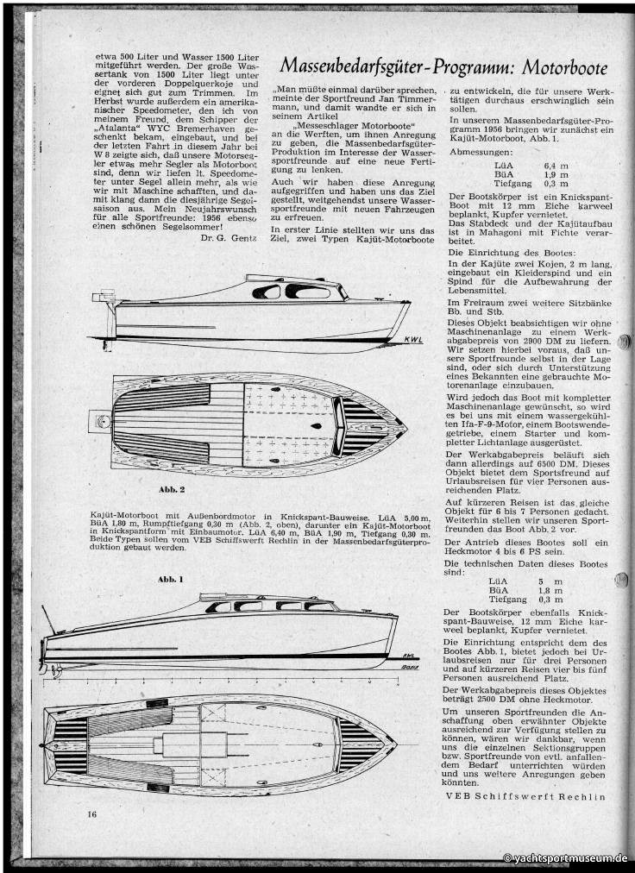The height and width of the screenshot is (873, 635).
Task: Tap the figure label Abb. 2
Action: (161, 489)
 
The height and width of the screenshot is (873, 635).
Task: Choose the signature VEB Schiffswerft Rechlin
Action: (525, 796)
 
